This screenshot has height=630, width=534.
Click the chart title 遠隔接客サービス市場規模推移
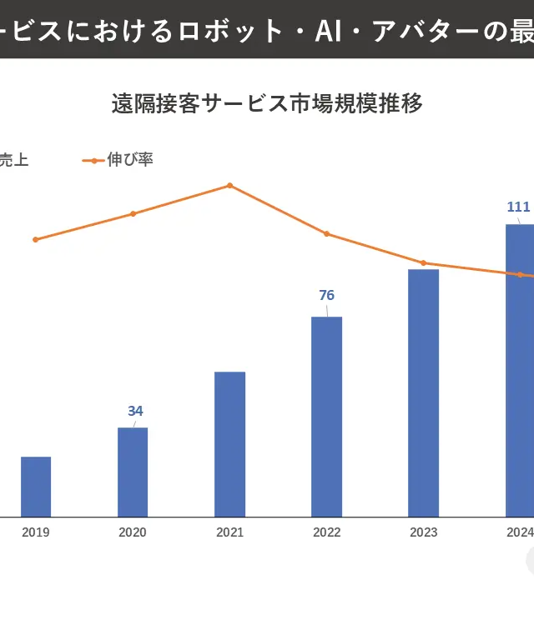(267, 103)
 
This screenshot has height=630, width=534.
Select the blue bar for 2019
(36, 487)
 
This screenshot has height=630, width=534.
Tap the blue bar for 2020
(133, 472)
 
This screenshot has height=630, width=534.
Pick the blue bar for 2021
(229, 444)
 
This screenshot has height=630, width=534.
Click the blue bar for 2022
(326, 417)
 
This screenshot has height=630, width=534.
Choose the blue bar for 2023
(423, 392)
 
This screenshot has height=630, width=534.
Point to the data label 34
(135, 411)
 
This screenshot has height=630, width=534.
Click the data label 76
(326, 295)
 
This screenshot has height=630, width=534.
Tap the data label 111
(518, 207)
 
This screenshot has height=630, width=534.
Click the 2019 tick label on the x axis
(36, 532)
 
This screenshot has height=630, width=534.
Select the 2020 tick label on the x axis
(133, 532)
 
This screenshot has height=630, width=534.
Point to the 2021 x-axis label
(229, 532)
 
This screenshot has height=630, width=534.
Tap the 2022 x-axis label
(326, 532)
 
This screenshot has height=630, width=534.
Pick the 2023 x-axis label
(423, 532)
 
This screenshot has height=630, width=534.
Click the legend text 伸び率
(130, 159)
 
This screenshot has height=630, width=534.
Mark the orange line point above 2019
(35, 239)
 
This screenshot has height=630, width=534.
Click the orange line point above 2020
(133, 213)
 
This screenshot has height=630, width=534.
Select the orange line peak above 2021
(229, 185)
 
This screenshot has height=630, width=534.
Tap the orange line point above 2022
(326, 233)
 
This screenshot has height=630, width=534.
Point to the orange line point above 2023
(423, 262)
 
